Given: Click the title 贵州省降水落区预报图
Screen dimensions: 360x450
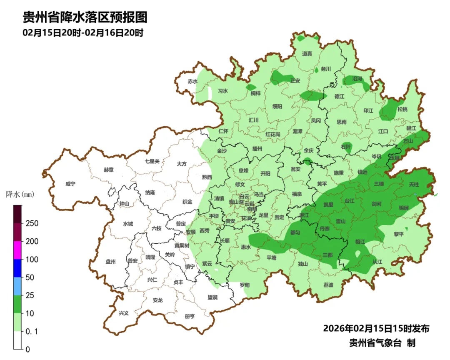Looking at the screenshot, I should click(85, 17).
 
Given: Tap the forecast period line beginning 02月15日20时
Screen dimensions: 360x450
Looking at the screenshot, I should click(83, 33).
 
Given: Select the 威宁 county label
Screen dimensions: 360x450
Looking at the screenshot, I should click(71, 184).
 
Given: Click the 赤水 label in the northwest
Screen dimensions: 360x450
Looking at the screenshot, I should click(192, 81).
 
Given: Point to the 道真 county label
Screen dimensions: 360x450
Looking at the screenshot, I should click(307, 53).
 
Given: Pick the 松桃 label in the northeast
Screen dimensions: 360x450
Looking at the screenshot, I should click(402, 109).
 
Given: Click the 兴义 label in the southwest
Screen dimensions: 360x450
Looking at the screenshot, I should click(124, 313).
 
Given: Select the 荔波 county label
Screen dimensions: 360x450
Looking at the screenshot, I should click(328, 285).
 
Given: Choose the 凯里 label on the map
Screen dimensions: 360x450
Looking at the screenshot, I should click(328, 205).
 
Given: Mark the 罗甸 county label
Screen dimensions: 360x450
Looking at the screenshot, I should click(245, 285).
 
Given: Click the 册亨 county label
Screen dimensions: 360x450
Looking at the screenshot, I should click(190, 316).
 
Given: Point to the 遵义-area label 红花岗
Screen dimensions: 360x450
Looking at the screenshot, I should click(273, 134).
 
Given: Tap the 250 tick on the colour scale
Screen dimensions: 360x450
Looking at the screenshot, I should click(32, 223).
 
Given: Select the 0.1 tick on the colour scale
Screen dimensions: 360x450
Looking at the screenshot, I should click(32, 331).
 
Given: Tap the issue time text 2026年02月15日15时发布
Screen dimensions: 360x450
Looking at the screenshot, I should click(376, 329).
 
